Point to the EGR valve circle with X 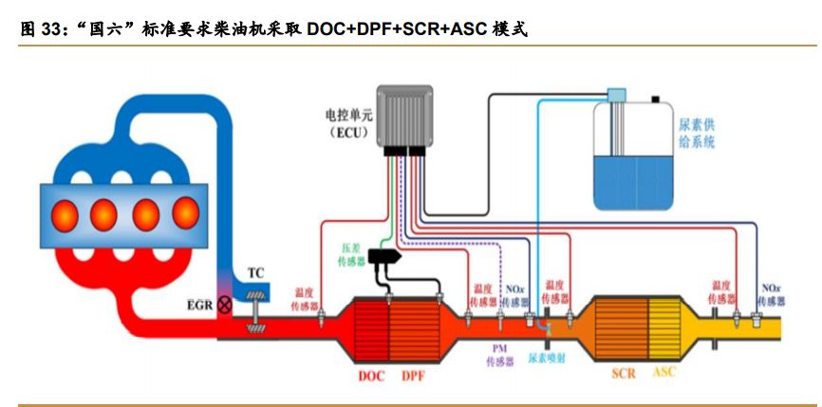[x=225, y=305]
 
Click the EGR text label [x=200, y=305]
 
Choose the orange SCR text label [x=624, y=373]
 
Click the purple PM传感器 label [x=500, y=355]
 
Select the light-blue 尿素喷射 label [x=548, y=360]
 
